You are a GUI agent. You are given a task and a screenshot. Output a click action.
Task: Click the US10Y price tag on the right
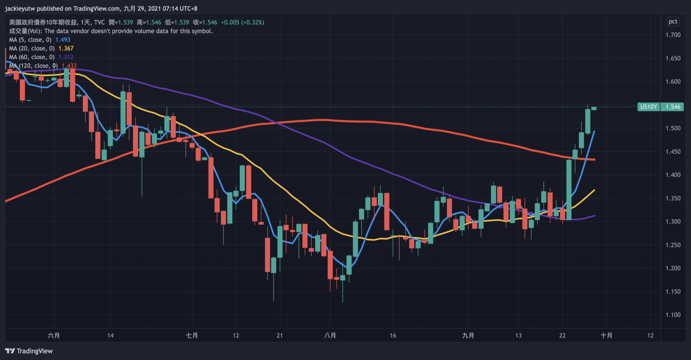[x=648, y=107]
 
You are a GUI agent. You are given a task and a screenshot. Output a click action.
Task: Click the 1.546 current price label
[x=672, y=107]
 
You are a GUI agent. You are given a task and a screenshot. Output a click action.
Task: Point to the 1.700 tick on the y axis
[x=673, y=35]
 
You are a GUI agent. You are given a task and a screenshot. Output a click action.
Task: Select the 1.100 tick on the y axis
[x=673, y=315]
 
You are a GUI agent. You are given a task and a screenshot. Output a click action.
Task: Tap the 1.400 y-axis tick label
[x=673, y=175]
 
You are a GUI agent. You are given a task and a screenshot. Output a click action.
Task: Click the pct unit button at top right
[x=673, y=22]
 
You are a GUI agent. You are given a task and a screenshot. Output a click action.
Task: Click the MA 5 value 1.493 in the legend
[x=63, y=40]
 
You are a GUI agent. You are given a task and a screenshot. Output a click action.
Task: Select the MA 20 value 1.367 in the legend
[x=66, y=48]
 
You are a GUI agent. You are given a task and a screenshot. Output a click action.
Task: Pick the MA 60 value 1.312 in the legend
[x=66, y=57]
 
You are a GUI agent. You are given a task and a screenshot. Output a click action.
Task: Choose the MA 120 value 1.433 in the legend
[x=69, y=66]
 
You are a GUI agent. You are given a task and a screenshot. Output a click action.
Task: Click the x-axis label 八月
[x=330, y=335]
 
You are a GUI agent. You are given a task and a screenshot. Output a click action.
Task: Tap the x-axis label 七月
[x=192, y=335]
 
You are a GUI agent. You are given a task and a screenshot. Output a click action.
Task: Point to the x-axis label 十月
[x=606, y=335]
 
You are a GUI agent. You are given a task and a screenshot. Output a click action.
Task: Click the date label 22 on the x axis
[x=562, y=335]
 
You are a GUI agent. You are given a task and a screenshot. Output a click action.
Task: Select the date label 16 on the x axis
[x=393, y=335]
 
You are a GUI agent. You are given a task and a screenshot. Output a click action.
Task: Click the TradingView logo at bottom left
[x=29, y=351]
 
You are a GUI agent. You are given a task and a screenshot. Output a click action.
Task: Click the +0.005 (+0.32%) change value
[x=242, y=22]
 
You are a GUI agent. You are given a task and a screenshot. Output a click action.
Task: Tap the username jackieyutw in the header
[x=20, y=9]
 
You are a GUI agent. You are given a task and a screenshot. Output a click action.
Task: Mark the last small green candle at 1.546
[x=594, y=108]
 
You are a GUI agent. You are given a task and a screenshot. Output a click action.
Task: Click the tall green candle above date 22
[x=569, y=190]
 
